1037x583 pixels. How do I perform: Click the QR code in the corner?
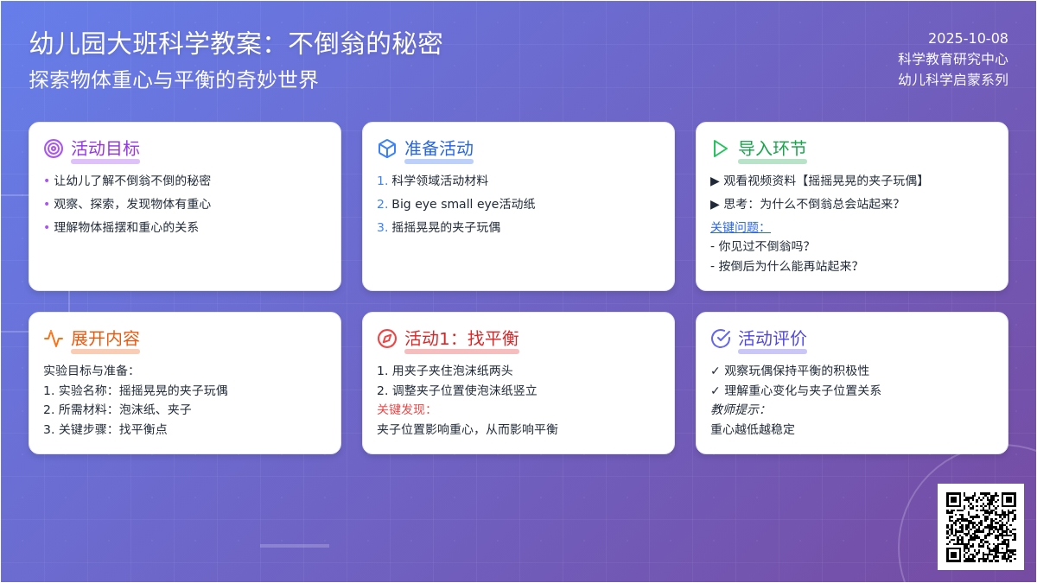[x=981, y=527]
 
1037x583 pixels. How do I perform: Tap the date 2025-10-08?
[x=968, y=38]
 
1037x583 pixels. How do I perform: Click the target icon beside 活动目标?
[x=54, y=149]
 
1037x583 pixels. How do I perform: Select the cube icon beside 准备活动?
[x=387, y=149]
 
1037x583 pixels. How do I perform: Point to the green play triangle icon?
[x=720, y=149]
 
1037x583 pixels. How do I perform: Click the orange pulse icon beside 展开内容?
[x=54, y=339]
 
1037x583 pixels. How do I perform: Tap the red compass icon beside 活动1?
[x=387, y=339]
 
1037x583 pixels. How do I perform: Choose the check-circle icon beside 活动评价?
[x=721, y=339]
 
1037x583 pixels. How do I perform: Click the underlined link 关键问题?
[x=740, y=227]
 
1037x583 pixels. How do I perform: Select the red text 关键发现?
[x=404, y=409]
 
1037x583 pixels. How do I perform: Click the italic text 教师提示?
[x=737, y=409]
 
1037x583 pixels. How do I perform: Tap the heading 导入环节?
[x=773, y=149]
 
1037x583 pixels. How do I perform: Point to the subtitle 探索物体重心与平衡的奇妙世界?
[x=174, y=79]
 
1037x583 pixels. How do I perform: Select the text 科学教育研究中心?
[x=953, y=60]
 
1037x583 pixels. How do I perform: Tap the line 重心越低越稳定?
[x=753, y=429]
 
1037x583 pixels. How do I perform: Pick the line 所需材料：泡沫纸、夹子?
[x=118, y=409]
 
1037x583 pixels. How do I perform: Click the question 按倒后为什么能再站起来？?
[x=785, y=266]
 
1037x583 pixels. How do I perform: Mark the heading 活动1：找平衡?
[x=461, y=339]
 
